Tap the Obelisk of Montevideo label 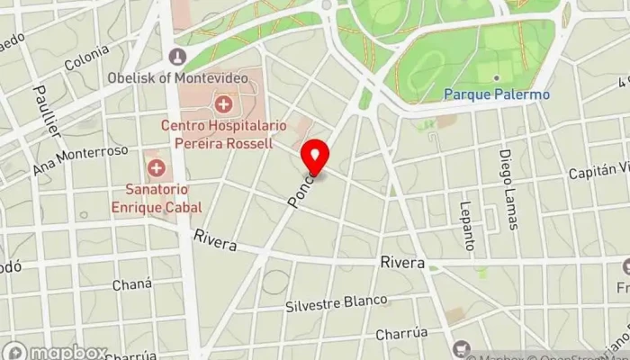[x=177, y=78]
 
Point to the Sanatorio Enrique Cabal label [x=157, y=198]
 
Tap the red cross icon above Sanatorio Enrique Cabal [x=157, y=168]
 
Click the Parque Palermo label [x=497, y=93]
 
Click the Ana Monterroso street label [x=81, y=159]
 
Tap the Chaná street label [x=125, y=284]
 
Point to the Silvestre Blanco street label [x=336, y=303]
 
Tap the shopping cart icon [x=462, y=348]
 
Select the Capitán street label [x=599, y=170]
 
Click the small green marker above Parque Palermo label [x=496, y=77]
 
